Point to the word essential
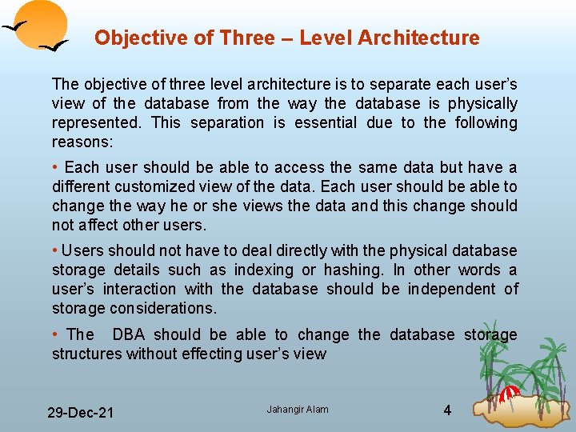point(326,122)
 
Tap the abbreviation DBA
point(128,334)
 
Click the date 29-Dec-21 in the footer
point(80,413)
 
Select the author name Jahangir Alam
point(298,410)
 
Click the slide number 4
point(447,410)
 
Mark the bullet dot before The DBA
point(54,334)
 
